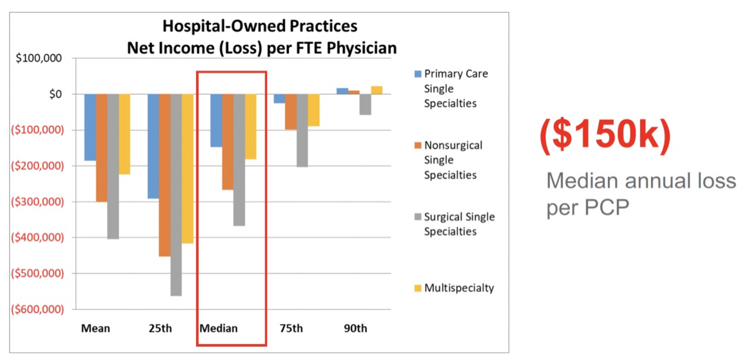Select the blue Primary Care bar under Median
click(x=216, y=120)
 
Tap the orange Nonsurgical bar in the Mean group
click(x=102, y=148)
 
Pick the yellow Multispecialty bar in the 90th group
click(x=377, y=90)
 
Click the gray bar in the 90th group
click(x=365, y=104)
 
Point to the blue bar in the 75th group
click(x=279, y=99)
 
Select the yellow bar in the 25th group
click(x=188, y=169)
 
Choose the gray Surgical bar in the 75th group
click(x=302, y=130)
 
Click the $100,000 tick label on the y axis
click(x=39, y=58)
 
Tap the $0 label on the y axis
click(x=55, y=94)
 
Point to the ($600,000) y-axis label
click(x=38, y=309)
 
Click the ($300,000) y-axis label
click(x=38, y=202)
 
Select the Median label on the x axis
click(x=218, y=329)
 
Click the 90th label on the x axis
click(x=355, y=329)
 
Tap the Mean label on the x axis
click(x=95, y=329)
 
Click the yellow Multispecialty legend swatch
click(x=418, y=288)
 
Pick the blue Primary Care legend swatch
click(x=418, y=74)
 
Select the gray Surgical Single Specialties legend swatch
click(x=418, y=217)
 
